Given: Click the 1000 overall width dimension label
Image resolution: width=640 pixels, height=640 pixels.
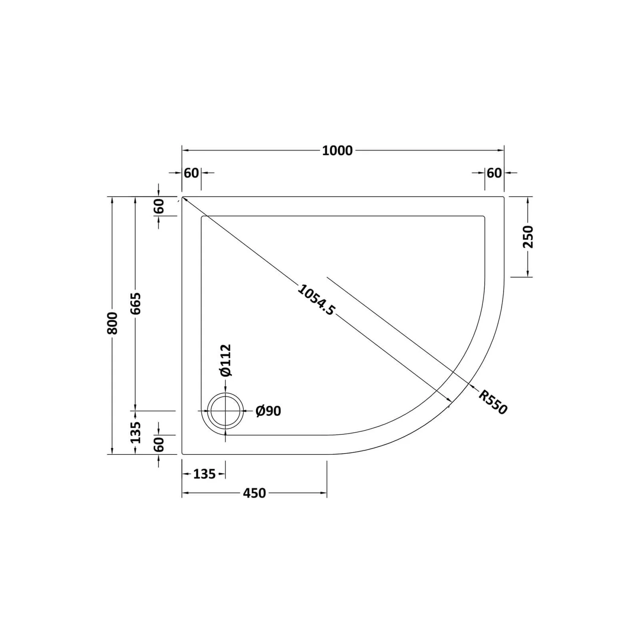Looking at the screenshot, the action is [337, 151].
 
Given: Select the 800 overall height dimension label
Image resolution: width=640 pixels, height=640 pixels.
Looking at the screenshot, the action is [112, 323].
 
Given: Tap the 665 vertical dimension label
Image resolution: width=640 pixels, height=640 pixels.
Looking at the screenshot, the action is [135, 303].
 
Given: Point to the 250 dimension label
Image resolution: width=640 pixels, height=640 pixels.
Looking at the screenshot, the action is [528, 237].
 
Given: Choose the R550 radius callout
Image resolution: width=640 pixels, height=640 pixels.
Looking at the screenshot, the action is [493, 402].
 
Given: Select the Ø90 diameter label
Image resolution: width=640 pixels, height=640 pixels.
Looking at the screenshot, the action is [268, 411].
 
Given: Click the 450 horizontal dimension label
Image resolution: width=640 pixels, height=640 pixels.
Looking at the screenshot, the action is [254, 493].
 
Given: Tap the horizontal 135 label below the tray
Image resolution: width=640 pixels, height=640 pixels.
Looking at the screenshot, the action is [204, 474].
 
